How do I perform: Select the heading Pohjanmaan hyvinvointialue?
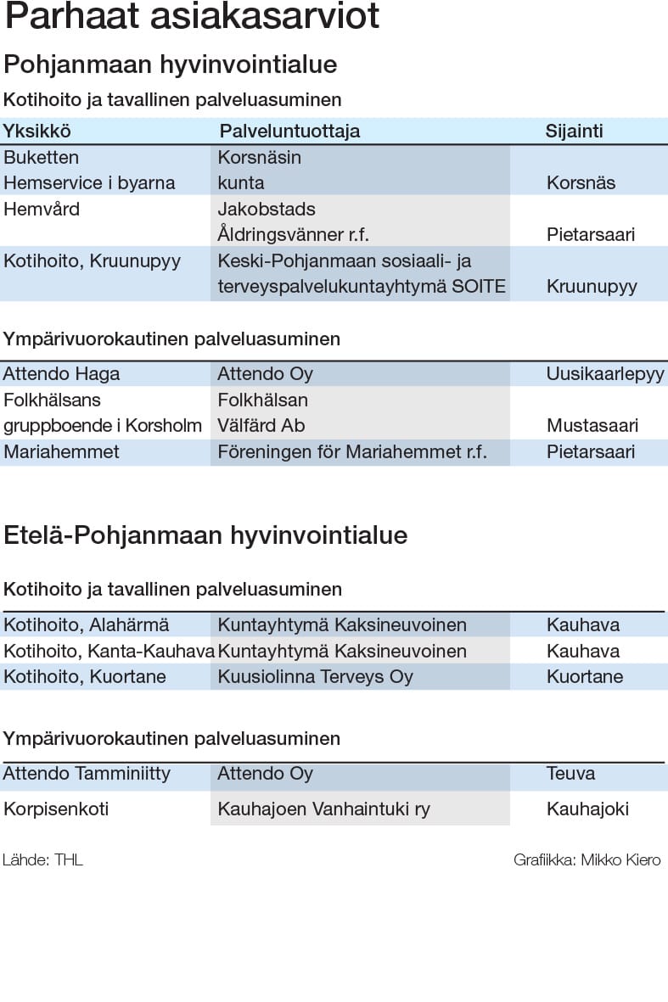point(171,64)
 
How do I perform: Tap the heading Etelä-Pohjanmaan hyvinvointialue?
point(205,535)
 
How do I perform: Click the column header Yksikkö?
point(36,131)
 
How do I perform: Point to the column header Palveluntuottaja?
point(289,131)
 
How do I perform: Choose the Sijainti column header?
point(574,131)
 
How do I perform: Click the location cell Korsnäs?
point(581,182)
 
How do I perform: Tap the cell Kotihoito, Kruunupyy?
point(92,260)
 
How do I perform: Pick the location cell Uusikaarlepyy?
point(605,373)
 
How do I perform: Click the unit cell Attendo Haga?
point(61,373)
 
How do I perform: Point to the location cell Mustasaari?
point(592,425)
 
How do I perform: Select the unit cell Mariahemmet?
point(61,451)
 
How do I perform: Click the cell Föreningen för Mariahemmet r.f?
point(352,451)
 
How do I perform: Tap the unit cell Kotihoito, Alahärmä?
point(86,625)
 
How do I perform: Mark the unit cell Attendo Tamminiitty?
point(87,773)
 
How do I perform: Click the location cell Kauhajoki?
point(587,809)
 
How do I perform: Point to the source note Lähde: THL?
point(42,859)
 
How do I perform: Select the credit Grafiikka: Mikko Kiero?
point(587,859)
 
